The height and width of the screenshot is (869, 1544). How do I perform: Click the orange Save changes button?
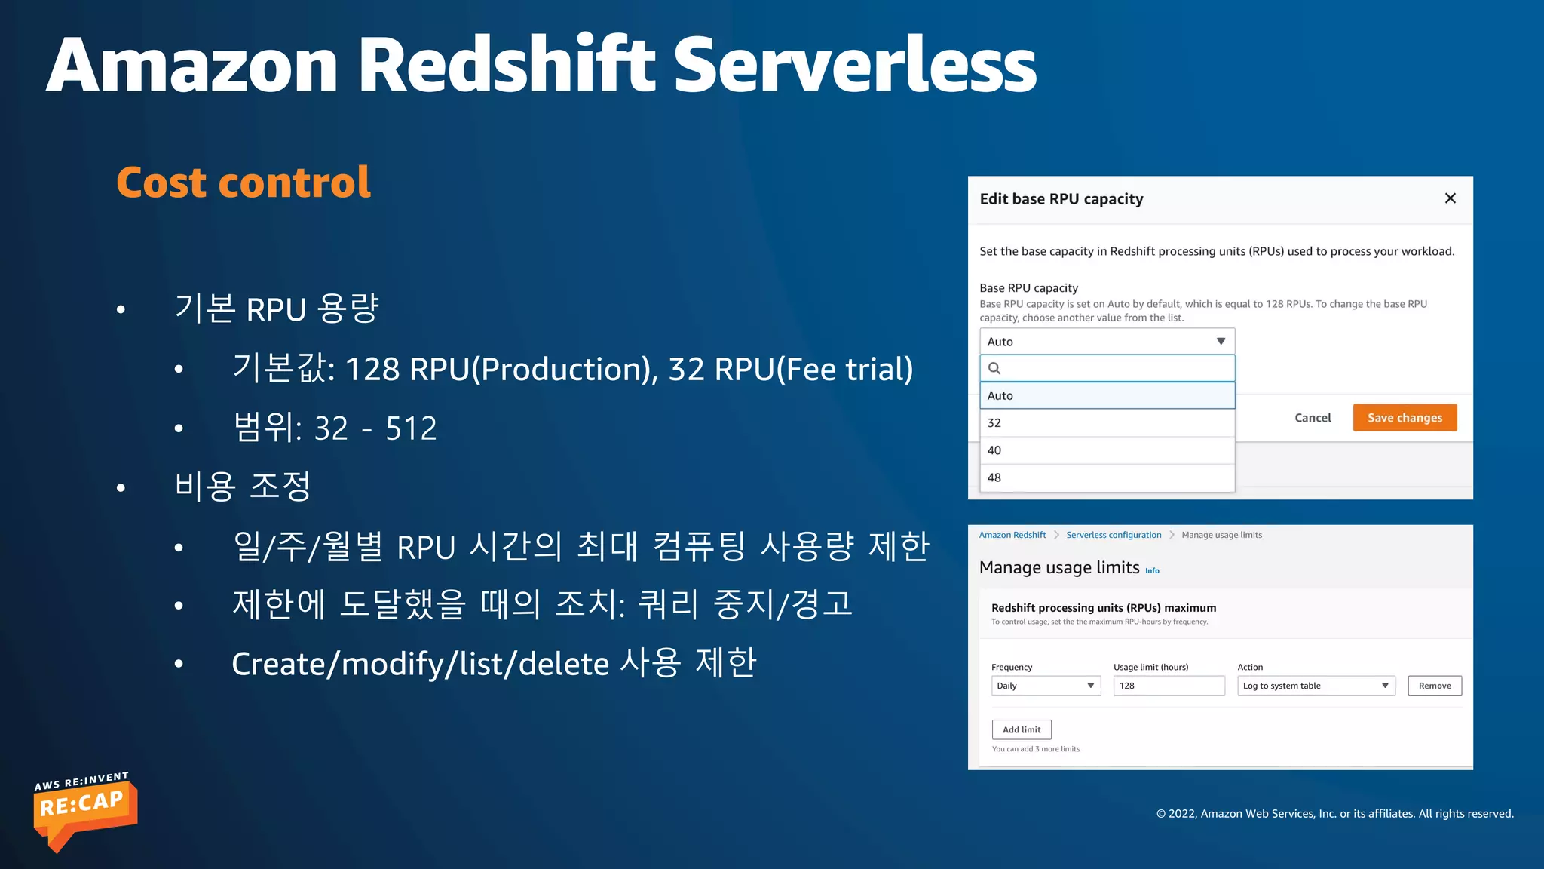tap(1405, 418)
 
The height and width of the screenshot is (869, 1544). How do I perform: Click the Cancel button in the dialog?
tap(1313, 418)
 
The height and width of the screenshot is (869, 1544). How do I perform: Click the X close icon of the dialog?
tap(1450, 198)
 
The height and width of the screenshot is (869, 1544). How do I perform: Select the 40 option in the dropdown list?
tap(1107, 450)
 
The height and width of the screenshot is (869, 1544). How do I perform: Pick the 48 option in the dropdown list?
tap(1107, 477)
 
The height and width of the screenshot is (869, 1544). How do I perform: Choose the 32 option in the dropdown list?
tap(1107, 423)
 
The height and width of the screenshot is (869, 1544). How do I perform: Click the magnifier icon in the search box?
tap(994, 368)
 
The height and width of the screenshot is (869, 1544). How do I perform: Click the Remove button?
tap(1434, 686)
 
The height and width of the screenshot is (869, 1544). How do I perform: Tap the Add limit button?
tap(1021, 729)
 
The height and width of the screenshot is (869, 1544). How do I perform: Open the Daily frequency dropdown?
tap(1046, 686)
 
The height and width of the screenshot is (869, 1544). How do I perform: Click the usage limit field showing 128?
tap(1168, 686)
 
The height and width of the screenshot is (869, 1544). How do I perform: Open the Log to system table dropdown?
tap(1316, 686)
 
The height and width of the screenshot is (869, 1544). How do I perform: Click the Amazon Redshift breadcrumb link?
tap(1012, 535)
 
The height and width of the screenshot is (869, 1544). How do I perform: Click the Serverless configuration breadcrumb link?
tap(1113, 535)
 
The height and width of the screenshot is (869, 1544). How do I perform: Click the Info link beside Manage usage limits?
tap(1152, 571)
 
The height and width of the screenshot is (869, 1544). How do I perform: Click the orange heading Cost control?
tap(244, 183)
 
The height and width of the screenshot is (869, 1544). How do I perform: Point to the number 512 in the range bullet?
tap(411, 428)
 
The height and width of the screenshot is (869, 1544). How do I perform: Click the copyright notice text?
tap(1334, 813)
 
